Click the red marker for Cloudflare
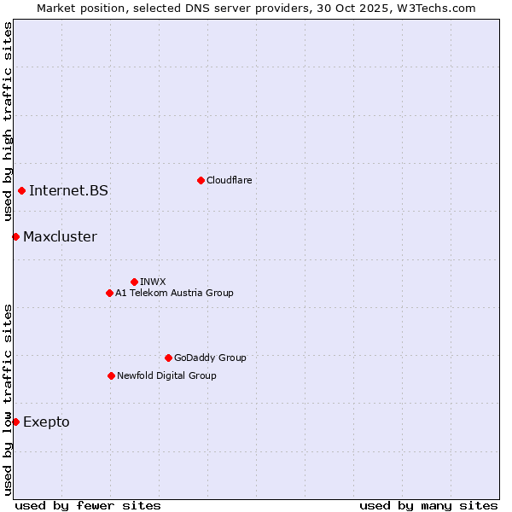201,180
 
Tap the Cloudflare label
229,180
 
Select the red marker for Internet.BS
21,190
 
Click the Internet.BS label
68,190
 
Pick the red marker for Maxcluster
15,236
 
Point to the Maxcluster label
60,236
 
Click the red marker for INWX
134,282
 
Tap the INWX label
153,282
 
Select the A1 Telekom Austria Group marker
109,293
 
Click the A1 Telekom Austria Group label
174,293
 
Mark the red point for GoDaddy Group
168,358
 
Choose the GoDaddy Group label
210,358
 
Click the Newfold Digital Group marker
111,375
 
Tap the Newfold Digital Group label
166,375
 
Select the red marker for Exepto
15,422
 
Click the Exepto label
46,422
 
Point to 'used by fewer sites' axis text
88,505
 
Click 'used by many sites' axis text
428,505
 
